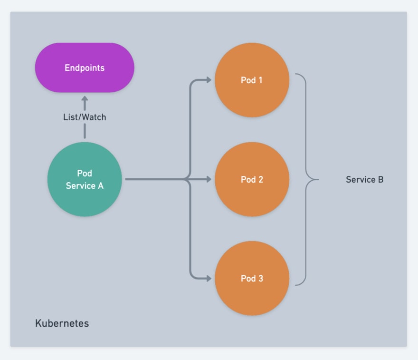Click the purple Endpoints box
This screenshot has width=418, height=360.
coord(85,68)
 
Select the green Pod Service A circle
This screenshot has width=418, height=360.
coord(85,179)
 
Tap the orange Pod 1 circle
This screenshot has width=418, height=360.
coord(252,80)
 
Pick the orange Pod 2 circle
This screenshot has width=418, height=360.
coord(252,179)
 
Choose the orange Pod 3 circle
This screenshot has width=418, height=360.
coord(252,278)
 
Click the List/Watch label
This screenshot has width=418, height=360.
coord(85,117)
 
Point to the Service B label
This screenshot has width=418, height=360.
coord(364,179)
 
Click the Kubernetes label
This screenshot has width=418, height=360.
coord(62,323)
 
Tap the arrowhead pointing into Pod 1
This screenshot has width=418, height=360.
coord(209,80)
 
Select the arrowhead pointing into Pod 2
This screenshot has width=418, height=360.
coord(209,179)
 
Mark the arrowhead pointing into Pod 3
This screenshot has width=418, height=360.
coord(209,278)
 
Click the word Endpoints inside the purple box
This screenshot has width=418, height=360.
coord(85,68)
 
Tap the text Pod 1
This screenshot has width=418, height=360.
coord(252,80)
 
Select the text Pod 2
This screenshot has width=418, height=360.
coord(252,179)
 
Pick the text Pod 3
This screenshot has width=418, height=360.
coord(252,278)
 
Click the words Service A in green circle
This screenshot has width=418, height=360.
coord(85,185)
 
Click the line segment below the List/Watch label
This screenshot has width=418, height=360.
coord(85,131)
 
